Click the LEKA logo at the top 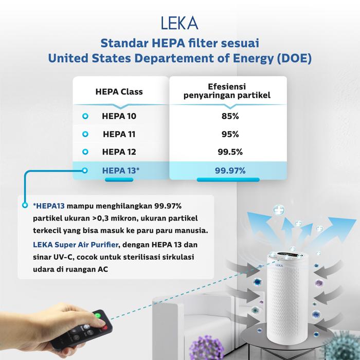[x=179, y=24]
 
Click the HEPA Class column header [x=119, y=92]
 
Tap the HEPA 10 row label [x=120, y=116]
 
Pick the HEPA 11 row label [x=120, y=134]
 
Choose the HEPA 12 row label [x=120, y=152]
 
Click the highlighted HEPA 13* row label [x=121, y=170]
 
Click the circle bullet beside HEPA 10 [x=85, y=117]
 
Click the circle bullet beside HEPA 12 [x=85, y=152]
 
